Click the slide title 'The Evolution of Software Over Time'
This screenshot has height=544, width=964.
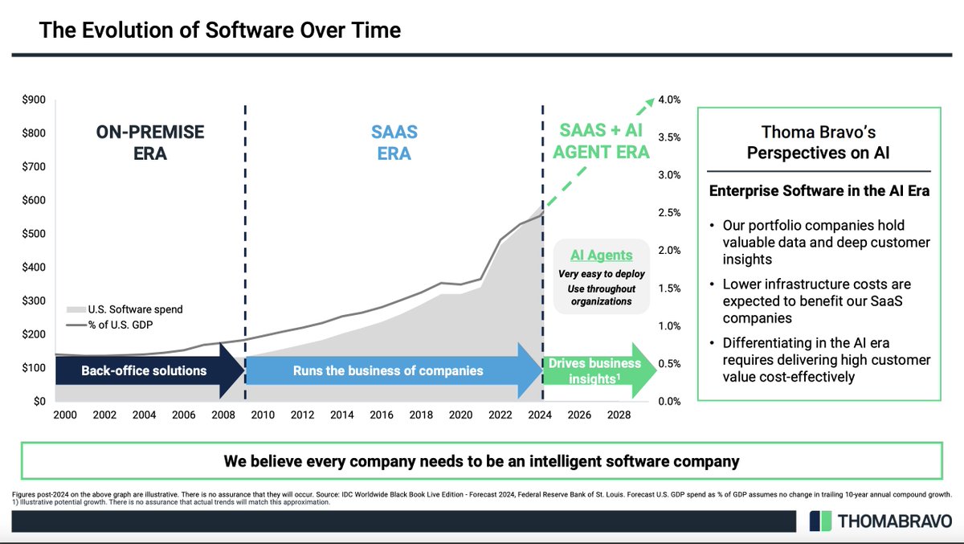pyautogui.click(x=220, y=31)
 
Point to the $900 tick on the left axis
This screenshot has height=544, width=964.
pyautogui.click(x=34, y=100)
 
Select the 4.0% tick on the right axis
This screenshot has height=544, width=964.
pyautogui.click(x=670, y=100)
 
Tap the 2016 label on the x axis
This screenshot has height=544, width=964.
pyautogui.click(x=382, y=415)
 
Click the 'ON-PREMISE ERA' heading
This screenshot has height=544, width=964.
pyautogui.click(x=151, y=141)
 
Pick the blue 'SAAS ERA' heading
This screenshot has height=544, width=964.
pyautogui.click(x=394, y=141)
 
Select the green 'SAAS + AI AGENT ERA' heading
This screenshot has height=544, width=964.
pyautogui.click(x=604, y=141)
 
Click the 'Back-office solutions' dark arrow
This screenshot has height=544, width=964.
pyautogui.click(x=145, y=370)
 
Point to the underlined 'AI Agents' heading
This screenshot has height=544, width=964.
pyautogui.click(x=602, y=256)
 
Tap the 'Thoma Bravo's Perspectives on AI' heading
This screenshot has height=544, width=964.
pyautogui.click(x=818, y=141)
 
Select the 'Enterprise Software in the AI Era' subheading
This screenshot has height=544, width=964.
pyautogui.click(x=818, y=192)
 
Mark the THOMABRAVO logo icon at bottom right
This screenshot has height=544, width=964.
pyautogui.click(x=820, y=521)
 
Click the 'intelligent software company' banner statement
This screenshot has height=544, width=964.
pyautogui.click(x=482, y=461)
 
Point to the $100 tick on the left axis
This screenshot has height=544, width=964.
pyautogui.click(x=34, y=368)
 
